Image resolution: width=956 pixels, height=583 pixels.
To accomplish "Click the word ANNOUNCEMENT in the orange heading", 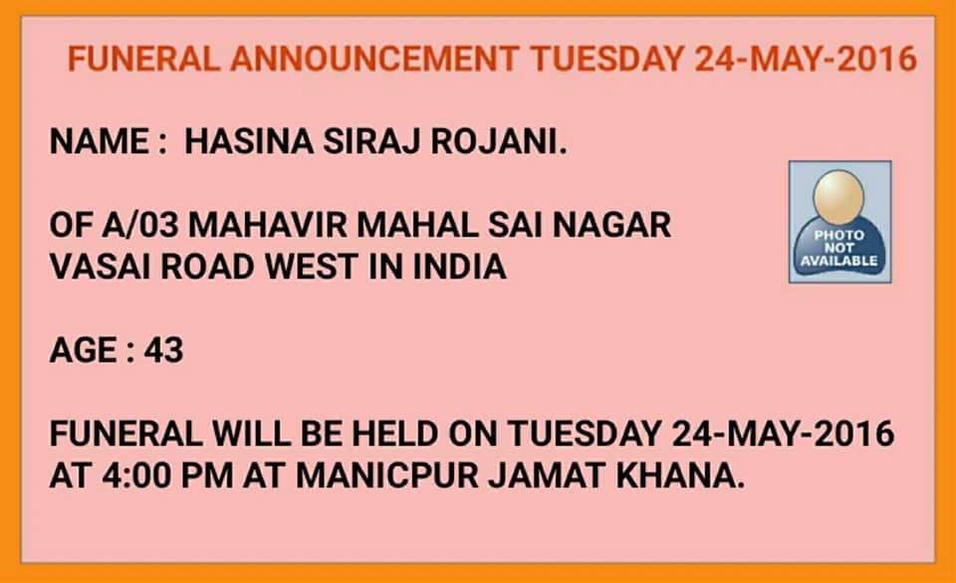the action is point(374,59).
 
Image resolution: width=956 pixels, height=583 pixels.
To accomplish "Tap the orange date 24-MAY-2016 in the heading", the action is point(806,59).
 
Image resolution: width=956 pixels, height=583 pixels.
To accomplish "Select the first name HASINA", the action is point(249,141).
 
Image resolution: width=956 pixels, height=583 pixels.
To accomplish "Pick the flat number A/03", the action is point(140,225).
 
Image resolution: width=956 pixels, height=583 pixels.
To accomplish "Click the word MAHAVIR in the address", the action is point(268,225).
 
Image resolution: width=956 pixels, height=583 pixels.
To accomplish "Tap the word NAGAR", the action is point(611,225).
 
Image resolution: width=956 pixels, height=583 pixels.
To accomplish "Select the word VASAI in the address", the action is point(100,267).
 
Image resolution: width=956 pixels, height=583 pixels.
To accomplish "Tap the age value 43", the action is point(163,350).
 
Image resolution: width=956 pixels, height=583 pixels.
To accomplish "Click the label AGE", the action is point(83,350).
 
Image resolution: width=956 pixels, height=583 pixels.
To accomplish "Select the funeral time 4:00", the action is point(136,476).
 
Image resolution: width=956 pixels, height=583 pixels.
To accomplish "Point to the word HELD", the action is point(394,434).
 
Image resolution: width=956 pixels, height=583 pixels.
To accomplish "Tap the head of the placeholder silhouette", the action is point(838,196).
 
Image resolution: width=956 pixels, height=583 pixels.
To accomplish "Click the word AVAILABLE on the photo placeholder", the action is point(838,261).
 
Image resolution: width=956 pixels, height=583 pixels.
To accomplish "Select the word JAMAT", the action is point(547,476).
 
